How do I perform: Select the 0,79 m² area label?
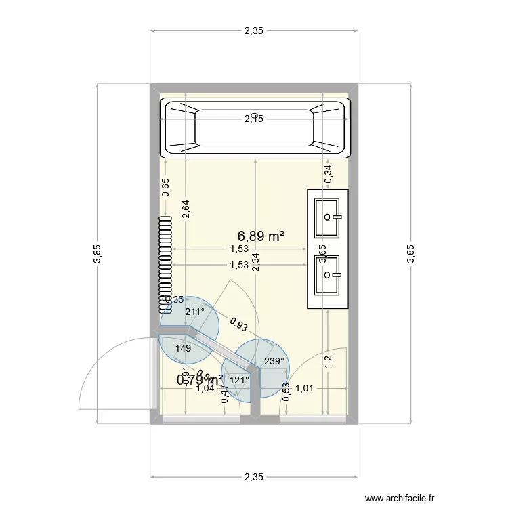tap(200, 380)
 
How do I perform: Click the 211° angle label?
tap(194, 312)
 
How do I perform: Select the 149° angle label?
tap(184, 348)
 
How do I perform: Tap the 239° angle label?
tap(273, 361)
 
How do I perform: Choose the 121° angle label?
tap(239, 381)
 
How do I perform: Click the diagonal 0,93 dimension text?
tap(238, 325)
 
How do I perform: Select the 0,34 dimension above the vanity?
tap(329, 173)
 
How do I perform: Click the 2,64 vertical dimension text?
tap(186, 209)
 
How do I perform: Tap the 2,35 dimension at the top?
tap(253, 30)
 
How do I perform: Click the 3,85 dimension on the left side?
tap(98, 253)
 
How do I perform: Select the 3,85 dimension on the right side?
tap(410, 253)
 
